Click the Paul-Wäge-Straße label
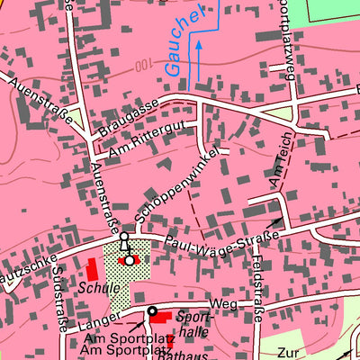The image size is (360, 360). [220, 239]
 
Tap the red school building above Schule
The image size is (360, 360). [91, 269]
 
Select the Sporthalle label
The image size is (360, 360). [193, 324]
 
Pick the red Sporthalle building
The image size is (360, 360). [160, 316]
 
